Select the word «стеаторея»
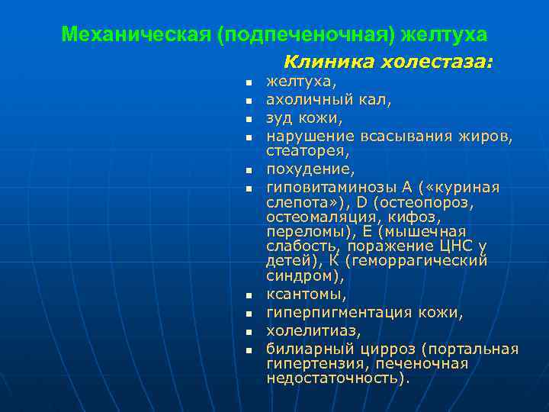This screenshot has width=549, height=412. click(x=303, y=152)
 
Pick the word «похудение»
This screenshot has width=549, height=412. click(x=301, y=169)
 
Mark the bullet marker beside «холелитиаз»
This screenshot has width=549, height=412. click(x=249, y=331)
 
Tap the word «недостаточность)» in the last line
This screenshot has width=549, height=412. click(x=337, y=378)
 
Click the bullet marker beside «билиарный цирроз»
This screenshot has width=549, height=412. click(x=249, y=349)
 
